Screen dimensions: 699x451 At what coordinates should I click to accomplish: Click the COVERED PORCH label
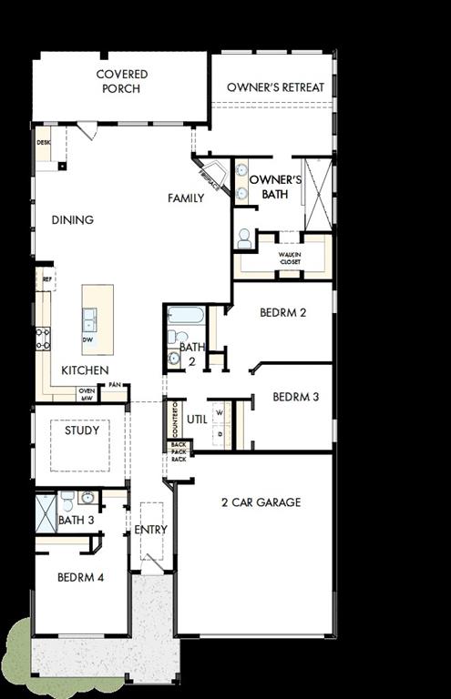pyautogui.click(x=122, y=81)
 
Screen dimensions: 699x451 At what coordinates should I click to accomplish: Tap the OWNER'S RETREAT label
pyautogui.click(x=275, y=87)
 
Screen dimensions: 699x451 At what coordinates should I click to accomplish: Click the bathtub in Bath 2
pyautogui.click(x=187, y=317)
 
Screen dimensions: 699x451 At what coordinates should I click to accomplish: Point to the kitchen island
pyautogui.click(x=97, y=319)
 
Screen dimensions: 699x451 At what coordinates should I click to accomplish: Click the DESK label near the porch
pyautogui.click(x=43, y=143)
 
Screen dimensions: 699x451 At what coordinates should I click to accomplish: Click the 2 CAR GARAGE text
pyautogui.click(x=261, y=502)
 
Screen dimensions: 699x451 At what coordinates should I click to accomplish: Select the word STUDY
pyautogui.click(x=82, y=431)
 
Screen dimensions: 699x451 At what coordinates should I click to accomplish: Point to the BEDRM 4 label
pyautogui.click(x=81, y=577)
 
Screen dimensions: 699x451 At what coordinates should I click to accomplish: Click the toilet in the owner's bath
pyautogui.click(x=244, y=238)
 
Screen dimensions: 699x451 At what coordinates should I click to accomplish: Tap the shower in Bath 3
pyautogui.click(x=45, y=513)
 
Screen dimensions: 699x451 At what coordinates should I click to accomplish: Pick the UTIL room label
pyautogui.click(x=197, y=419)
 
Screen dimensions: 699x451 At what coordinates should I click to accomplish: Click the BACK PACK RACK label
pyautogui.click(x=179, y=451)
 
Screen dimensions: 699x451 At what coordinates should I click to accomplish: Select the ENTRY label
pyautogui.click(x=150, y=530)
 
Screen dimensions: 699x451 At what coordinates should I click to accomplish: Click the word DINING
pyautogui.click(x=72, y=219)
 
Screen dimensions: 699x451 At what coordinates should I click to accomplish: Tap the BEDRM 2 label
pyautogui.click(x=282, y=312)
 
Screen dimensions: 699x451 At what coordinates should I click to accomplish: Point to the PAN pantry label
pyautogui.click(x=115, y=386)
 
